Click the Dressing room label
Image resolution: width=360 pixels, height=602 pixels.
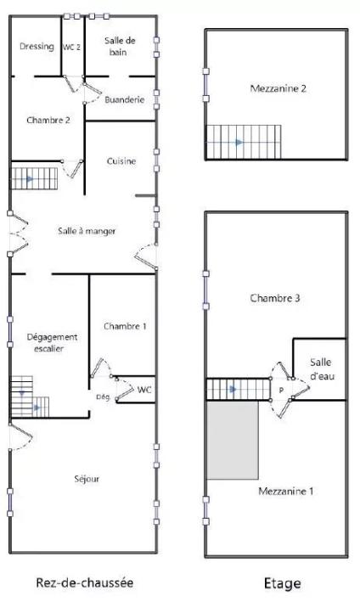pyautogui.click(x=37, y=47)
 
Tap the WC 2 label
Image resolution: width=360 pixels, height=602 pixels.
pyautogui.click(x=72, y=47)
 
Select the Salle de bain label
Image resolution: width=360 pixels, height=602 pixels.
pyautogui.click(x=120, y=46)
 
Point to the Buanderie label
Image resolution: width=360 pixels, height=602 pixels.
pyautogui.click(x=124, y=100)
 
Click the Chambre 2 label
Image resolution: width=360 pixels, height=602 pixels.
pyautogui.click(x=48, y=121)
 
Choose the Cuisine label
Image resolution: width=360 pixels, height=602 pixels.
pyautogui.click(x=121, y=160)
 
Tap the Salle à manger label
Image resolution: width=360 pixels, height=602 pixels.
pyautogui.click(x=87, y=231)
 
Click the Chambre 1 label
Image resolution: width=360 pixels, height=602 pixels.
pyautogui.click(x=125, y=326)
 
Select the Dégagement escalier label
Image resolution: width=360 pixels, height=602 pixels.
pyautogui.click(x=52, y=343)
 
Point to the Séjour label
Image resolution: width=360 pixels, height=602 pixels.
pyautogui.click(x=87, y=479)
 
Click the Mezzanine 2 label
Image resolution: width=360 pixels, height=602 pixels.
pyautogui.click(x=278, y=88)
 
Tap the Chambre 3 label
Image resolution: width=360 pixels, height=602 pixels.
pyautogui.click(x=275, y=298)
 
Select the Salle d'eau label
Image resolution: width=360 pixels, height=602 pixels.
pyautogui.click(x=322, y=369)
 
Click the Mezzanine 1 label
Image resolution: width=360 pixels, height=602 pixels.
pyautogui.click(x=286, y=491)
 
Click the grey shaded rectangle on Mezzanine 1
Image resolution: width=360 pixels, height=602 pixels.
pyautogui.click(x=233, y=440)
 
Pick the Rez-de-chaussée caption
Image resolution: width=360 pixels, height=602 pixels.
pyautogui.click(x=84, y=582)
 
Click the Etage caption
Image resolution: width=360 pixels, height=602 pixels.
pyautogui.click(x=282, y=583)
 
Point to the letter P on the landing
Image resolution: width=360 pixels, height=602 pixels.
pyautogui.click(x=281, y=391)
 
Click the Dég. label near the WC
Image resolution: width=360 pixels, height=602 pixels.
pyautogui.click(x=103, y=397)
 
